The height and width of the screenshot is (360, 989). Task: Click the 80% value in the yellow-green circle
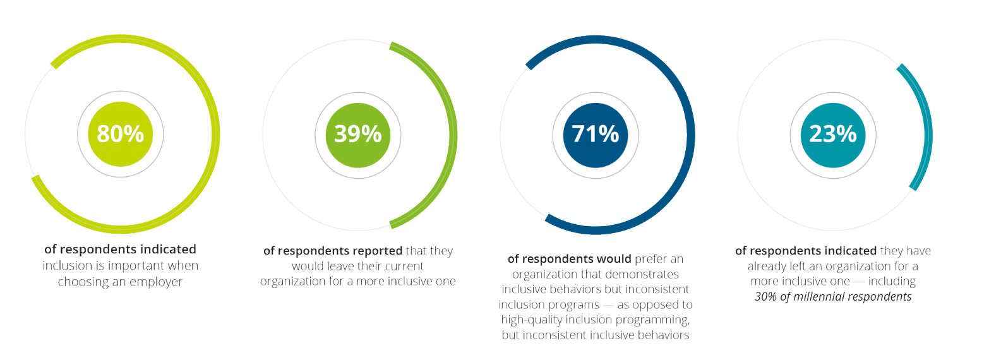[120, 135]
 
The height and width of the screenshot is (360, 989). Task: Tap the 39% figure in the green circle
[357, 135]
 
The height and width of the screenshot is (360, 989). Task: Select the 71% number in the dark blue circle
[595, 135]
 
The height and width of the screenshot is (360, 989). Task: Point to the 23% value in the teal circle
[832, 135]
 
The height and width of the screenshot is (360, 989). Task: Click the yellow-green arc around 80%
[215, 135]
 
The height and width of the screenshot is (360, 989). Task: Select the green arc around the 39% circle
[453, 135]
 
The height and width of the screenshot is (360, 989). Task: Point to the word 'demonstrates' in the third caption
[644, 275]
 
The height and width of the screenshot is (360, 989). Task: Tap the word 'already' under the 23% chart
[769, 266]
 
